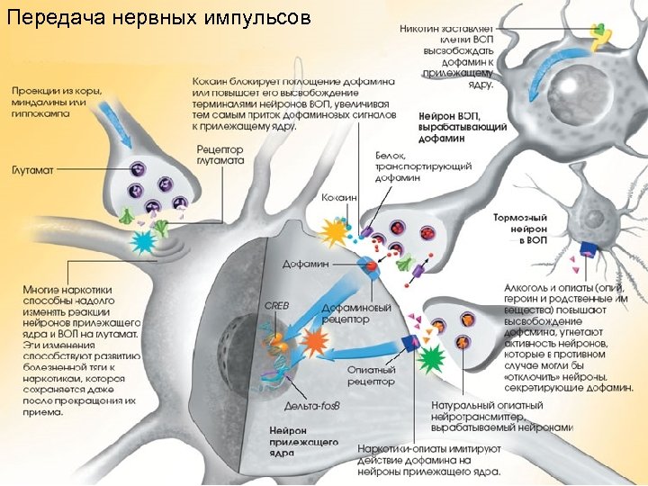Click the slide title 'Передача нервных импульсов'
(158, 18)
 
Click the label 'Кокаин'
(339, 197)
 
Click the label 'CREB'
(276, 305)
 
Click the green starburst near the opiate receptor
(433, 360)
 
